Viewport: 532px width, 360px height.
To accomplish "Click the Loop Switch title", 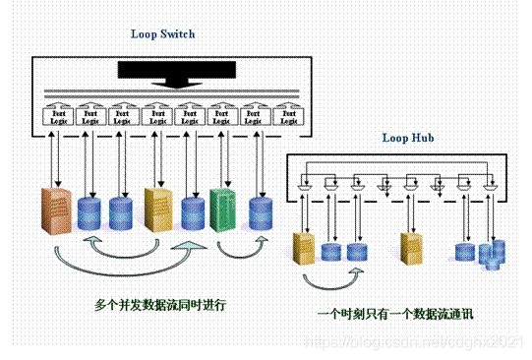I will coord(163,33).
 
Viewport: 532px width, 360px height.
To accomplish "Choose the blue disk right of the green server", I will coord(260,213).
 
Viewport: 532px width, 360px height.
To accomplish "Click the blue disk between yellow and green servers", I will coord(193,213).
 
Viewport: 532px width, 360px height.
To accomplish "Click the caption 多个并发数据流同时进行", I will coord(160,305).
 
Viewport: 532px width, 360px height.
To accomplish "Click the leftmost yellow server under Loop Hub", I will coord(306,248).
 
